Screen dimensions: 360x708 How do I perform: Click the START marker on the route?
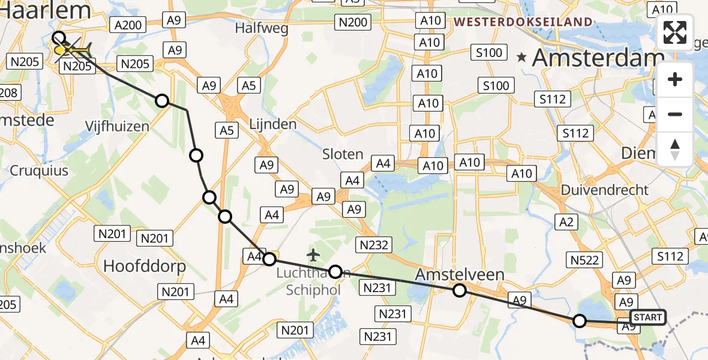click(647, 317)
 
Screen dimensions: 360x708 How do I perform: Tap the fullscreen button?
click(675, 33)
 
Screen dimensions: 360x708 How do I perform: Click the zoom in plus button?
click(675, 79)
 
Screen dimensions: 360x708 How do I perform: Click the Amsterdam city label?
click(598, 58)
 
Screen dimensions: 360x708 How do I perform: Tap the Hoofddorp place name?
click(145, 266)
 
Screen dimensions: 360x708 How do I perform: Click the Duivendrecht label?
click(605, 190)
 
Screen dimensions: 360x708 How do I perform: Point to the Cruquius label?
click(39, 170)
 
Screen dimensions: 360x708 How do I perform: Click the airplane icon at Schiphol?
click(313, 256)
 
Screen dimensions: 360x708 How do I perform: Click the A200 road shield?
click(127, 25)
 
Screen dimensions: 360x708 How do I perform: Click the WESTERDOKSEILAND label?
click(523, 22)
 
